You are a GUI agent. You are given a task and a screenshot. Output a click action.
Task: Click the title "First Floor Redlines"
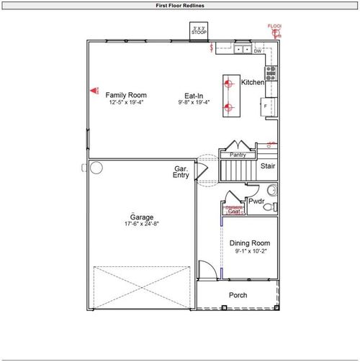[180, 5]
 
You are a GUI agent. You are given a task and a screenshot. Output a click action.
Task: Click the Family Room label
[126, 95]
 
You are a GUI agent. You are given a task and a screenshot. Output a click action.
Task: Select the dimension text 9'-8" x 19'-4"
[194, 103]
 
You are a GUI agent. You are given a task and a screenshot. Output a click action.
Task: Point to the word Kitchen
[252, 83]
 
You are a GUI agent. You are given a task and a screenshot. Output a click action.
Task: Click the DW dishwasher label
[257, 51]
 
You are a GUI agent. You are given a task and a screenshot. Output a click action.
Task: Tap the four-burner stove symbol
[271, 71]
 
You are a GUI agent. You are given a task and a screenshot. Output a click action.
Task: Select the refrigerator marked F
[266, 107]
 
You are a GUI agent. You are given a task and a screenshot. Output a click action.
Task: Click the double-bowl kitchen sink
[241, 50]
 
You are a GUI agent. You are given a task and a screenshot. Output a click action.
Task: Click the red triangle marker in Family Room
[94, 91]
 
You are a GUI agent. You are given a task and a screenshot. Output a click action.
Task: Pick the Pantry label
[238, 155]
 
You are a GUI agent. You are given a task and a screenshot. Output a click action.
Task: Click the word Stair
[268, 166]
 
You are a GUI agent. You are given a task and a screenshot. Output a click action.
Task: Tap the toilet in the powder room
[269, 207]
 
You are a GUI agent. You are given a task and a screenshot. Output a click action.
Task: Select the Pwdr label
[256, 202]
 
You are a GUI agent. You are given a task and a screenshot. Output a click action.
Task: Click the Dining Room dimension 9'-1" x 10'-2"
[249, 251]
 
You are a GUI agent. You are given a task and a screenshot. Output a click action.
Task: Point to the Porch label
[238, 296]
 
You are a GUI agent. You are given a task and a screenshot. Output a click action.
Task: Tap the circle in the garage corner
[96, 168]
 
